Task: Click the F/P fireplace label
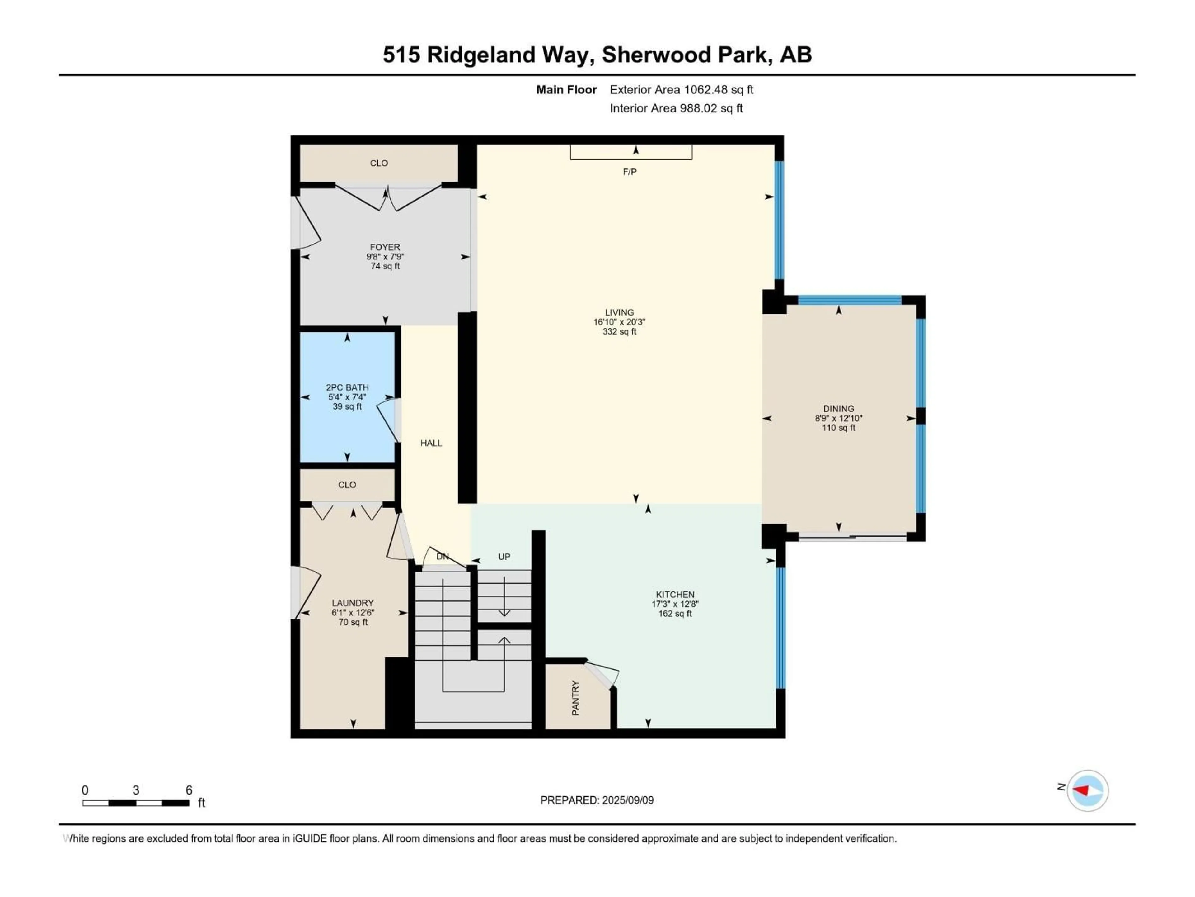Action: [629, 172]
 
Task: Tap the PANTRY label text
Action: [575, 698]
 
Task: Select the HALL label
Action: [431, 443]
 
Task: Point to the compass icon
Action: [1088, 790]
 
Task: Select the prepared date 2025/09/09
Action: [628, 800]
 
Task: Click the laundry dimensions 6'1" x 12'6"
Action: [353, 613]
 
